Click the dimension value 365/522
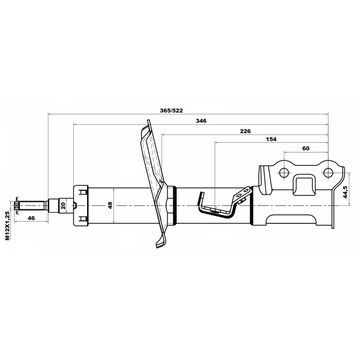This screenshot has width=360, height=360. (x=172, y=110)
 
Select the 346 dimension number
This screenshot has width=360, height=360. (x=201, y=121)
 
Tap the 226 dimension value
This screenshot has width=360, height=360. (x=245, y=130)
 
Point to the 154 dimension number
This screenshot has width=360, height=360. (x=271, y=139)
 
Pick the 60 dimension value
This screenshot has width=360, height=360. (x=306, y=148)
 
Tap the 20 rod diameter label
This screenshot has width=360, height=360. (x=64, y=205)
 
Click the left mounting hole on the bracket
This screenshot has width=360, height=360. (x=283, y=172)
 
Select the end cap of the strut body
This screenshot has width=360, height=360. (x=80, y=205)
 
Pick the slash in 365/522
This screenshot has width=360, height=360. (x=172, y=110)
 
